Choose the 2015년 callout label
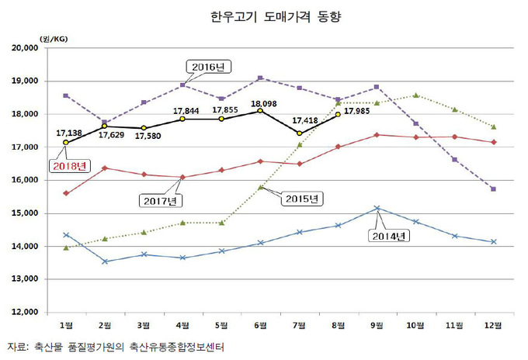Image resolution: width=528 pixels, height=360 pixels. coord(300,199)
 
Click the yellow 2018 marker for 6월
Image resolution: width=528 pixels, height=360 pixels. coord(260,111)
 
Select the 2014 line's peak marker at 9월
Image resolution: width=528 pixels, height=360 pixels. coord(377,208)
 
